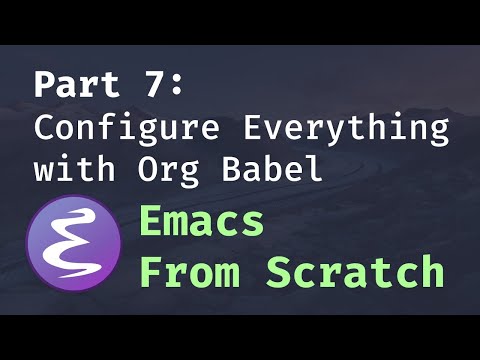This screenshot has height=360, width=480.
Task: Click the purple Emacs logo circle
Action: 76,244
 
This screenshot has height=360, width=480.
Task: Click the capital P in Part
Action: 44,84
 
